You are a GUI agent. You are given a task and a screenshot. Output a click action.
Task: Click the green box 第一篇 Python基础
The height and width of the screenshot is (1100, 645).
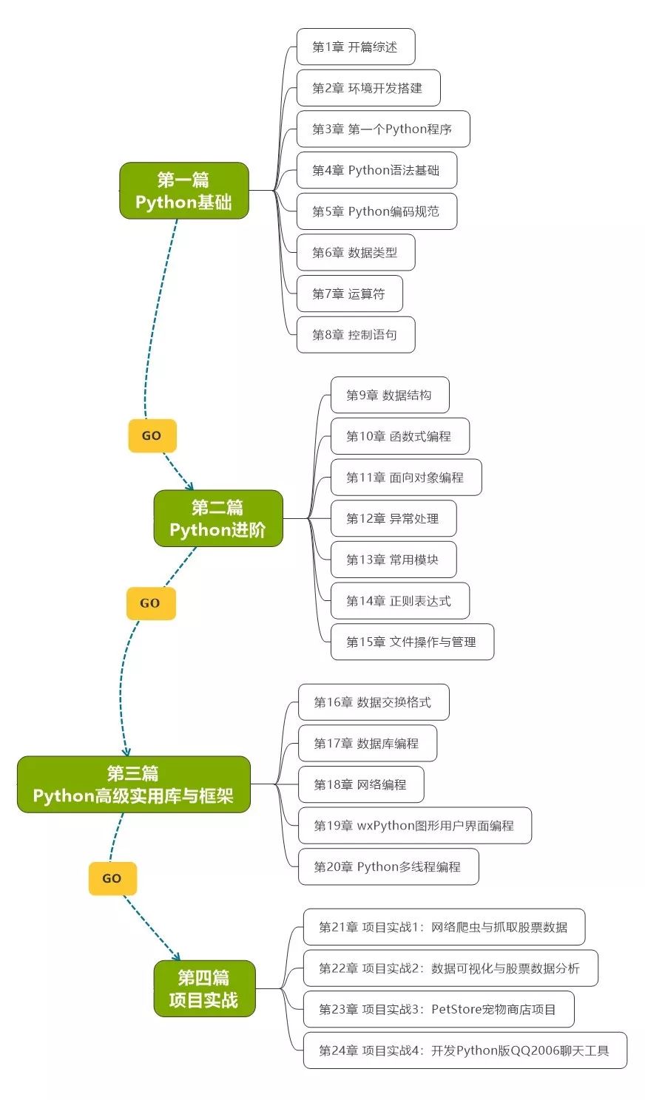tap(183, 191)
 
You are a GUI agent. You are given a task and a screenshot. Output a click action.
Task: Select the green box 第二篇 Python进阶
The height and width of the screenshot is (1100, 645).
tap(217, 518)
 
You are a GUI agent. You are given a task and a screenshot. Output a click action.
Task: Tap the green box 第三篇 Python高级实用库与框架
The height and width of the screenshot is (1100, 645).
tap(133, 784)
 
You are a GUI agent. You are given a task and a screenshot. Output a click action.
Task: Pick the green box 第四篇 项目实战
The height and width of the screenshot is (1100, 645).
tap(204, 988)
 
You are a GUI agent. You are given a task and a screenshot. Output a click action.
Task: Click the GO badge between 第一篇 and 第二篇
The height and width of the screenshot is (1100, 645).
tap(152, 435)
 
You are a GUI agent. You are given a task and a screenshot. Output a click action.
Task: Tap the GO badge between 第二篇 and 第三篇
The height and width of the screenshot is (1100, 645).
tap(150, 603)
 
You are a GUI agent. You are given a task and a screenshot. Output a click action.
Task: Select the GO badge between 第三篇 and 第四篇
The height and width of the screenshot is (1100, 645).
tap(112, 878)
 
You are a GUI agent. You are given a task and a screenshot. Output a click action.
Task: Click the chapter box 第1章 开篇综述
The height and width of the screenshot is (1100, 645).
tap(355, 47)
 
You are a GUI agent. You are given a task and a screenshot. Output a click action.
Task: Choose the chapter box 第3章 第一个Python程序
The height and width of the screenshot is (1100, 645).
tap(382, 129)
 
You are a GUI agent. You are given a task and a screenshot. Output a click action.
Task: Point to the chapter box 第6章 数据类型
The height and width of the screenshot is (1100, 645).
tap(355, 253)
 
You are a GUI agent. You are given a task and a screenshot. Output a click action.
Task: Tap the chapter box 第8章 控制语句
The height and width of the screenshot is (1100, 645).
tap(355, 335)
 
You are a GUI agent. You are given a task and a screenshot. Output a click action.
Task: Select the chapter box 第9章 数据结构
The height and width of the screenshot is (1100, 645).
tap(389, 395)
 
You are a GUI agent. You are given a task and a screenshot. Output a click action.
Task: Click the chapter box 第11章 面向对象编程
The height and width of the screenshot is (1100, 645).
tap(405, 478)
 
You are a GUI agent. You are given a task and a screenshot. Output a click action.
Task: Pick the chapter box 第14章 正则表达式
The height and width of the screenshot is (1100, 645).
tap(399, 601)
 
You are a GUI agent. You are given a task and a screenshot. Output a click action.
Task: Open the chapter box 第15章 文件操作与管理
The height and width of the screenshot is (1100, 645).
tap(411, 642)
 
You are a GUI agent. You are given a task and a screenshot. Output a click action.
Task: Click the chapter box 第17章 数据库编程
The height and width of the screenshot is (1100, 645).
tap(367, 744)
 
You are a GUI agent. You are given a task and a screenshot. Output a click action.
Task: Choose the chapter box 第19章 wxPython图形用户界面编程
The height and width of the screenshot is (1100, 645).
tap(414, 826)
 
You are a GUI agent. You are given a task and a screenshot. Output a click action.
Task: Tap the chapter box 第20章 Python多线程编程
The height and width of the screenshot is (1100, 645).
tap(388, 867)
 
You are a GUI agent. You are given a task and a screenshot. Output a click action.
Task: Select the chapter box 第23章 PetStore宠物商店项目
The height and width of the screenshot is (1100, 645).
tap(438, 1010)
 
